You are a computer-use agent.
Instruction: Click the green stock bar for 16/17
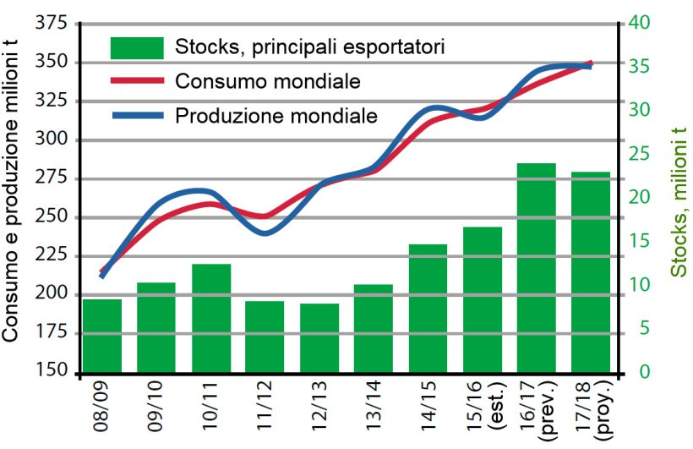pos(537,268)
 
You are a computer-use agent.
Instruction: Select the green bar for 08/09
pos(102,336)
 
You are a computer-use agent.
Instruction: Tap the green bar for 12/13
pos(319,338)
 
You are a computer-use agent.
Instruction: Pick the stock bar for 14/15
pos(428,309)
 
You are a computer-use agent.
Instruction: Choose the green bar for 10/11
pos(211,318)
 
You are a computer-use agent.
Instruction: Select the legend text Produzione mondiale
pos(276,115)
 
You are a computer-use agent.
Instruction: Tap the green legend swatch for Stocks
pos(136,47)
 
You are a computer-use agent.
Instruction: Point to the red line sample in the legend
pos(136,81)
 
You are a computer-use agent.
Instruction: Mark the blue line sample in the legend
pos(136,115)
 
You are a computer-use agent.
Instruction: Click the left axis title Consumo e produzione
pos(12,194)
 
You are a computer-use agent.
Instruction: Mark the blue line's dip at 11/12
pos(265,232)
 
